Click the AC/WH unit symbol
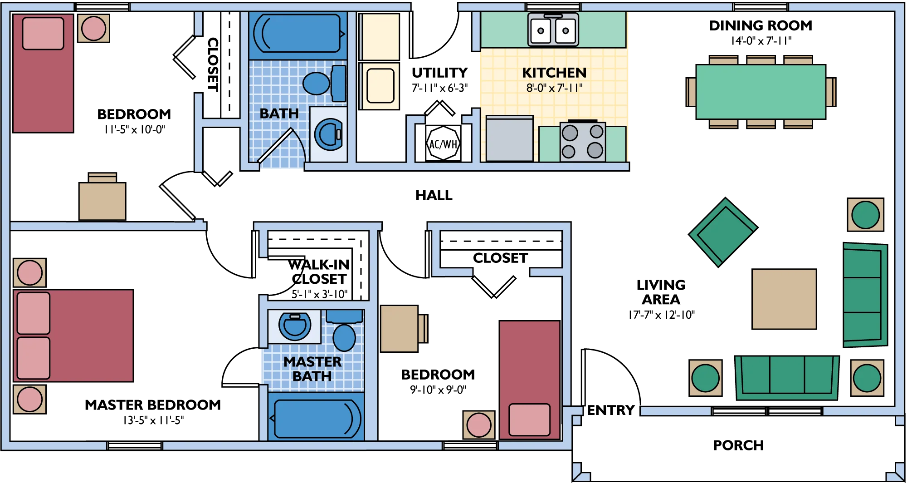coord(443,143)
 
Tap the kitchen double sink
coord(553,30)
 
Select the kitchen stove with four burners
coord(583,141)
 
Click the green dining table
coord(761,92)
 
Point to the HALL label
coord(434,195)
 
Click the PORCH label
coord(738,445)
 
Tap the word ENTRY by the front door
coord(610,410)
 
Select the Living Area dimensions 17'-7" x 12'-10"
coord(661,315)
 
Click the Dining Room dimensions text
coord(761,41)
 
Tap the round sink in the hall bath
coord(328,135)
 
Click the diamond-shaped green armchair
coord(723,232)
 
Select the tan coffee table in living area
coord(784,299)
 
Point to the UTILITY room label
coord(439,73)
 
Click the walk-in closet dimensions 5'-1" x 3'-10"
coord(319,294)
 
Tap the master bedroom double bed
coord(73,336)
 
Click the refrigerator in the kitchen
coord(510,138)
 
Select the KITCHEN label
coord(554,73)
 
